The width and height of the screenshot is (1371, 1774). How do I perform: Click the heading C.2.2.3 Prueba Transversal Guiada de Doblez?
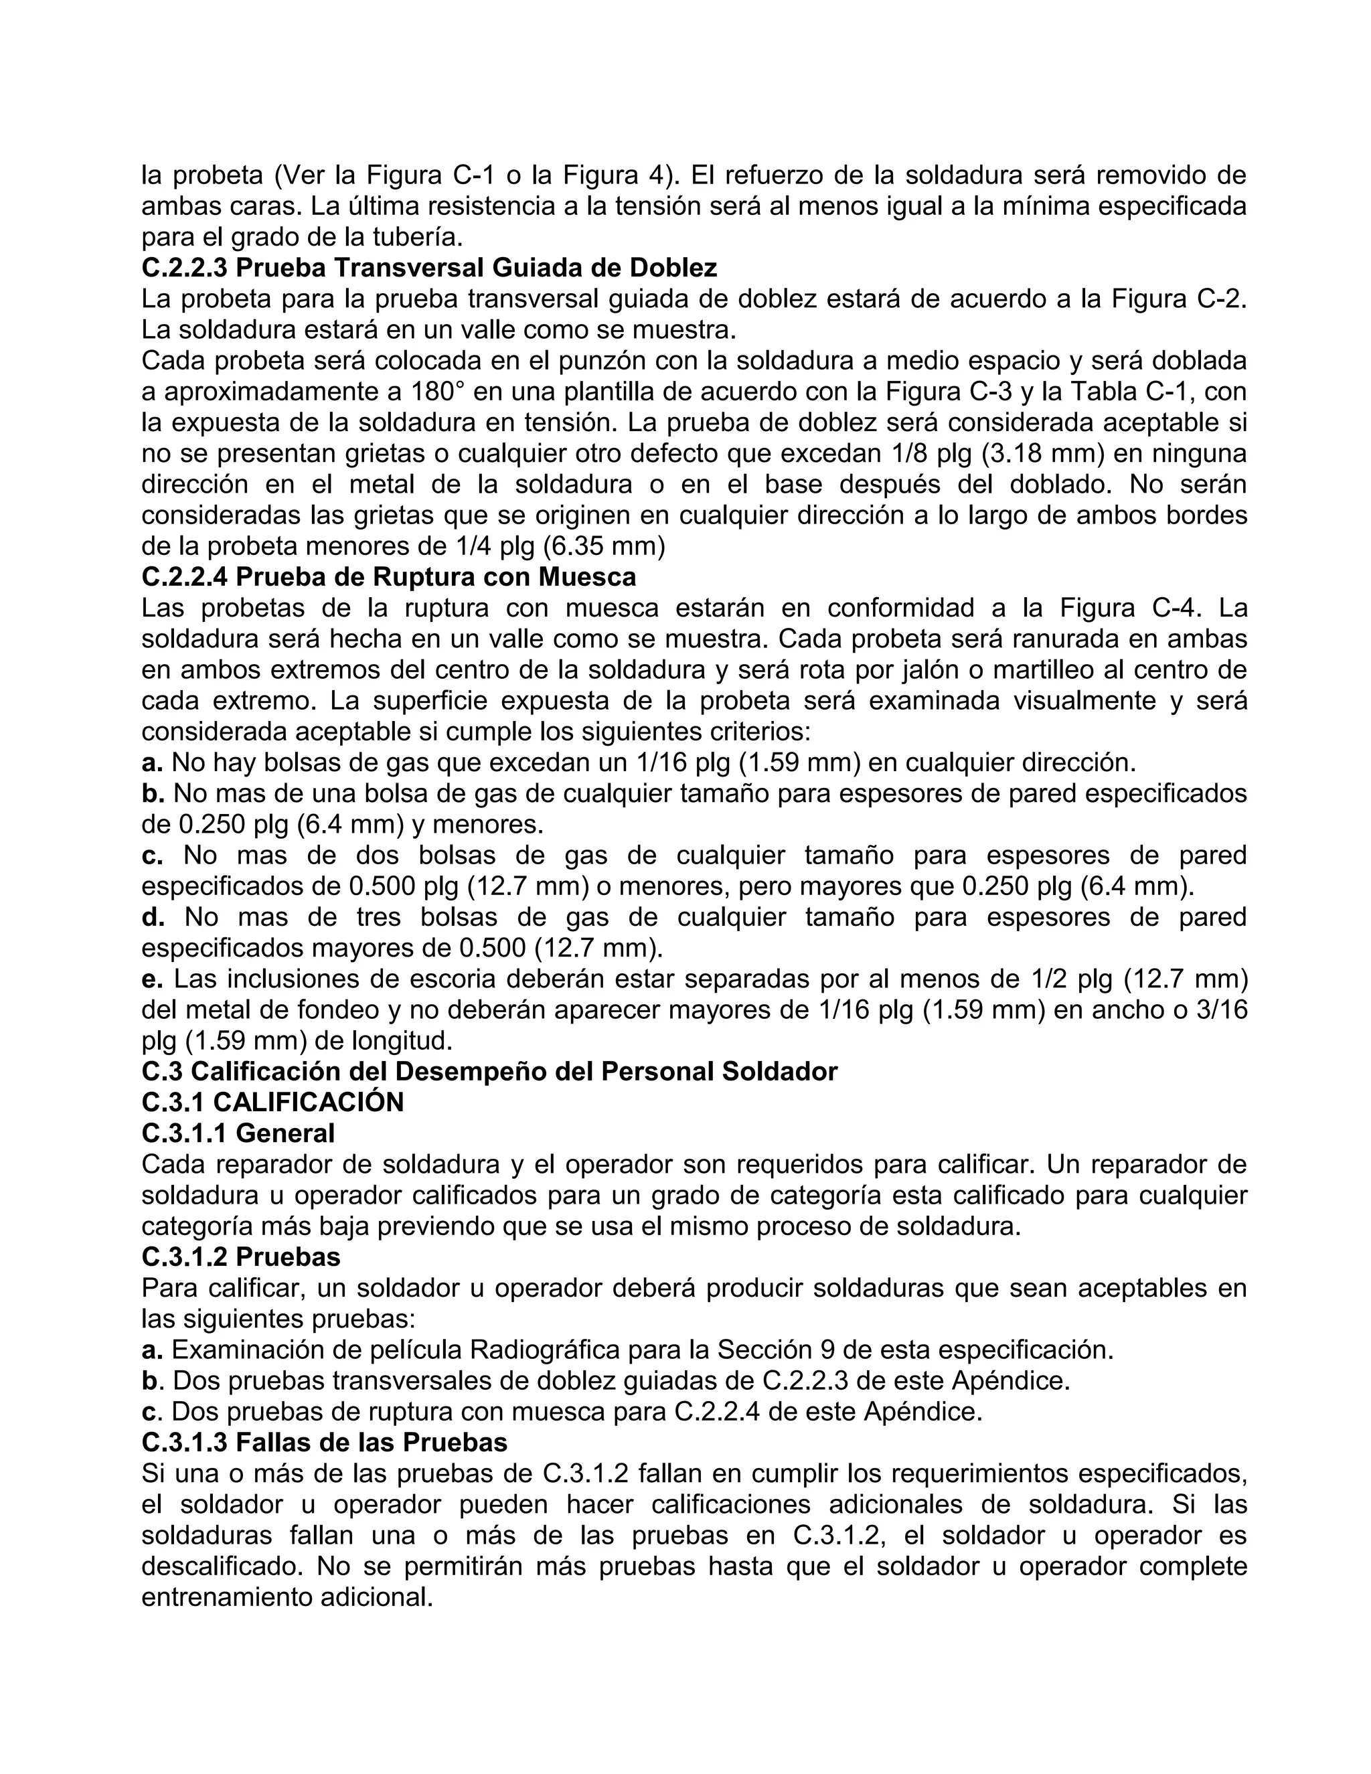point(429,268)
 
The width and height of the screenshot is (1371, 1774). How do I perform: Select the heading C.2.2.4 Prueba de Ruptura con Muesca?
point(388,578)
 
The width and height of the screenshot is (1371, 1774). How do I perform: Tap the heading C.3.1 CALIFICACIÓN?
point(272,1103)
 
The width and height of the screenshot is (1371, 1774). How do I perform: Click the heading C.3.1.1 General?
point(238,1133)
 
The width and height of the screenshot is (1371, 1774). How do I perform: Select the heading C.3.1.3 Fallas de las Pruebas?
point(324,1442)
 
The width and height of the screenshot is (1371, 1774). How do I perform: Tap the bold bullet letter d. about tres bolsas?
point(153,917)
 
